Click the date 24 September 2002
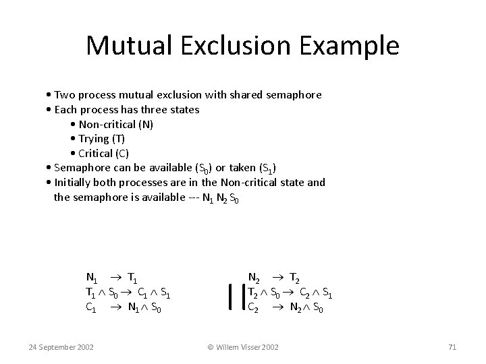coord(61,347)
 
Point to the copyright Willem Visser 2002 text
coord(243,347)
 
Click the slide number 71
coord(452,347)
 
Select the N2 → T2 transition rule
coord(275,277)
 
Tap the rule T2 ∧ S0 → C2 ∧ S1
coord(290,292)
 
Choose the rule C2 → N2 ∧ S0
coord(286,307)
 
